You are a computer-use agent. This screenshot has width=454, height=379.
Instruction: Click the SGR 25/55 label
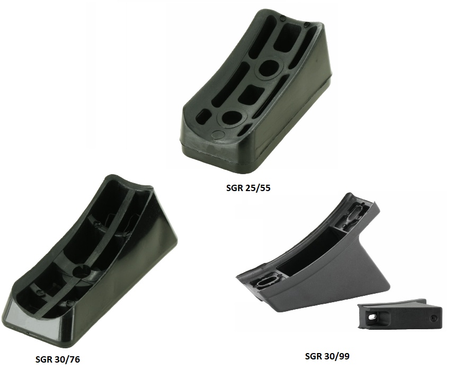248,188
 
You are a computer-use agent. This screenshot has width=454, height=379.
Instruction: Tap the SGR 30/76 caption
57,359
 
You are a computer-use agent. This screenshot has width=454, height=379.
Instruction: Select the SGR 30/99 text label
327,356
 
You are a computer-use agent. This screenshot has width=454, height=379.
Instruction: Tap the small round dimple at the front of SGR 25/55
217,134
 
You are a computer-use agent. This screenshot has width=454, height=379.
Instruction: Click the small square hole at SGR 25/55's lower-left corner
203,116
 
